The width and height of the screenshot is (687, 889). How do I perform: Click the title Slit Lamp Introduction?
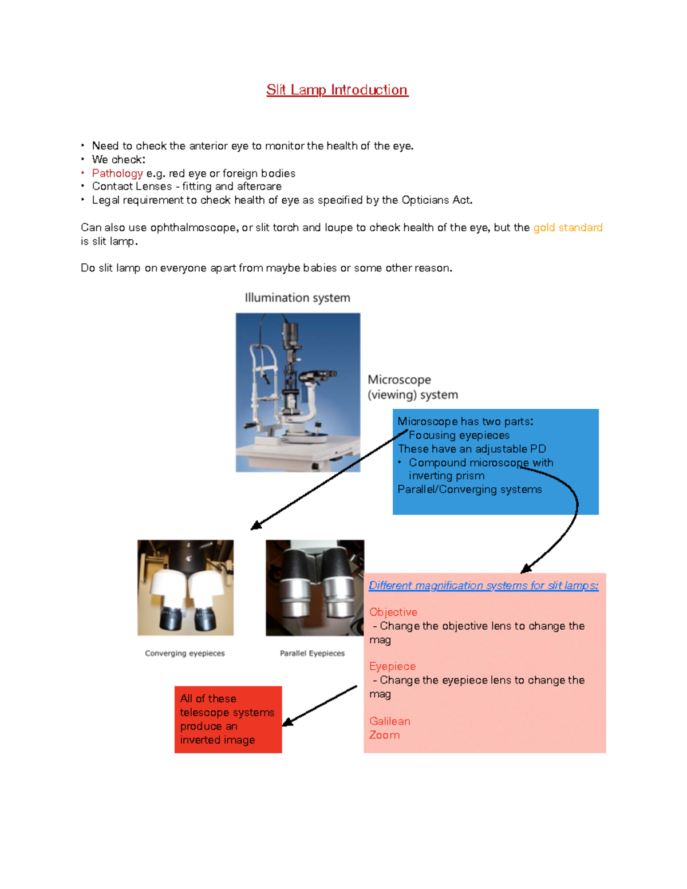click(337, 90)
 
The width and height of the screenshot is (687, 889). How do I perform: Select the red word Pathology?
click(117, 173)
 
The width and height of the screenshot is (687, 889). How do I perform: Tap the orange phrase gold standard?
click(567, 227)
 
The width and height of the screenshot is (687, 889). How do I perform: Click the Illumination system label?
click(297, 298)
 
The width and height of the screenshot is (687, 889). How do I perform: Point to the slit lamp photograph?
click(298, 392)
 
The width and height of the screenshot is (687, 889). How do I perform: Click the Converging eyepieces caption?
click(184, 653)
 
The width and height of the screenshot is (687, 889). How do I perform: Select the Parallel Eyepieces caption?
click(312, 653)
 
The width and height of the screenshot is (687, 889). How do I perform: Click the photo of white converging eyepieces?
click(185, 587)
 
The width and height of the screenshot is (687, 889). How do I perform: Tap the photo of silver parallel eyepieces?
click(314, 587)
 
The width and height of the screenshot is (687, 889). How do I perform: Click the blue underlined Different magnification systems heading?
click(483, 585)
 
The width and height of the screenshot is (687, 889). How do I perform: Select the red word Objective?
click(393, 612)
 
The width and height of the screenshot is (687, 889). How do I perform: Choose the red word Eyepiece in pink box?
click(392, 666)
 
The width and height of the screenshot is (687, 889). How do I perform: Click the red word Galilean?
click(389, 721)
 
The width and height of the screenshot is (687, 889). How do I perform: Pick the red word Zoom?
click(384, 735)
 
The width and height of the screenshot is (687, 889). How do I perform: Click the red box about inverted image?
click(228, 719)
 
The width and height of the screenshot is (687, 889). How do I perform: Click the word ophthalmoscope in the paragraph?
click(193, 227)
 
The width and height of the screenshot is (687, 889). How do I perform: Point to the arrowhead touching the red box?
click(288, 722)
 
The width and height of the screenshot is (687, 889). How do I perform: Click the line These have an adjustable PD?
click(472, 449)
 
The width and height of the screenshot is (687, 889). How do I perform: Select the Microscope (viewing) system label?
click(412, 387)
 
